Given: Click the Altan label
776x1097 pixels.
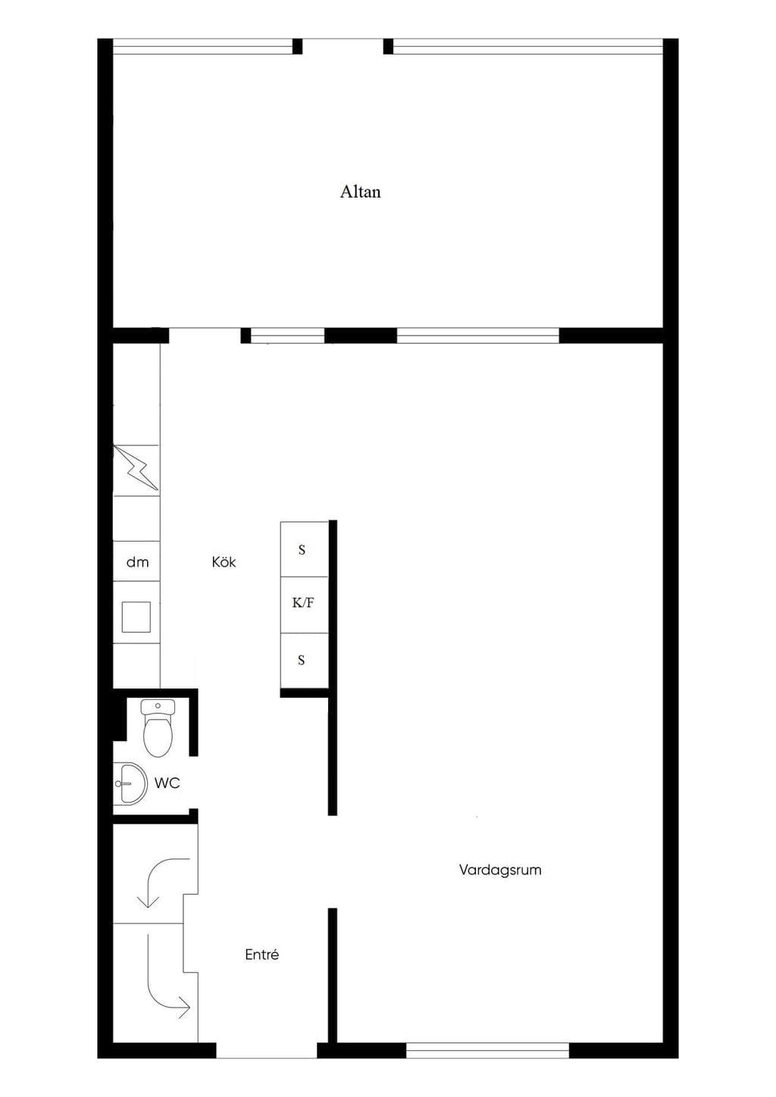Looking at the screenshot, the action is (360, 192).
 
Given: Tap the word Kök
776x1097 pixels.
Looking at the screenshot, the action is (224, 561).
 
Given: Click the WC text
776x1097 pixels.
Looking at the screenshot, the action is (167, 783).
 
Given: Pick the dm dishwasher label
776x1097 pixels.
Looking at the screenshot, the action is (137, 562).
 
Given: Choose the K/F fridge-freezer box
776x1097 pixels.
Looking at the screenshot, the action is (304, 605).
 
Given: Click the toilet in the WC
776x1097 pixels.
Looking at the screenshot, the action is (158, 728).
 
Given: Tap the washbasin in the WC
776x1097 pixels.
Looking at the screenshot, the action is (130, 783).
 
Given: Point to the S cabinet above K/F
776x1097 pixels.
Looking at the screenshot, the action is (304, 549).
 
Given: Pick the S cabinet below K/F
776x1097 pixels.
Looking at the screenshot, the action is (304, 661).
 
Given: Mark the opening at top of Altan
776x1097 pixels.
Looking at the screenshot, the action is (343, 46).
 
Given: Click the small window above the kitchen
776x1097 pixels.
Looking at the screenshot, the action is (287, 336).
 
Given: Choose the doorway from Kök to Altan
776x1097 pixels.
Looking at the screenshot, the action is (205, 336).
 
